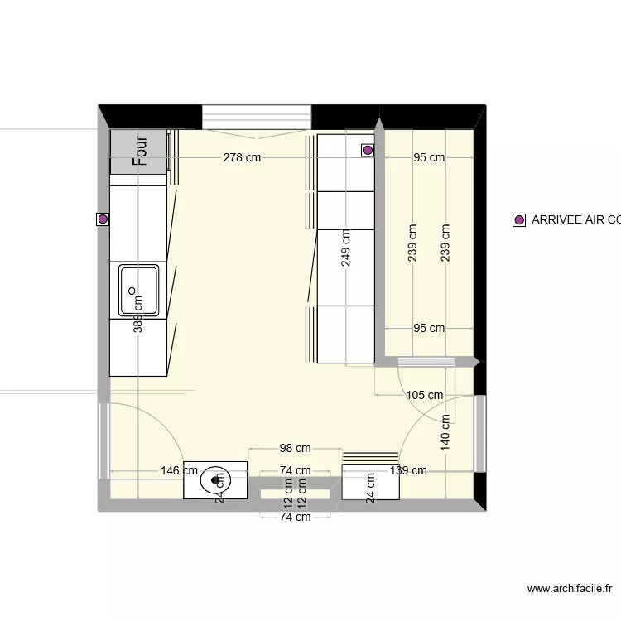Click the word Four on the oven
[139, 152]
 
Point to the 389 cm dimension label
[139, 315]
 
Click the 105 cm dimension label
[425, 395]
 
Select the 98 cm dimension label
[295, 449]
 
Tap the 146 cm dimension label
[179, 470]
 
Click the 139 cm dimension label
[407, 470]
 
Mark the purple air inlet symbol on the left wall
[103, 219]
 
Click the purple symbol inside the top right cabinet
[367, 150]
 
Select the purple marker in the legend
[519, 220]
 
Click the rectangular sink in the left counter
[137, 290]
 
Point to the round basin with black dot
[218, 479]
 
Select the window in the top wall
[257, 117]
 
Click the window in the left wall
[103, 441]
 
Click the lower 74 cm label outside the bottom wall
[295, 517]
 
